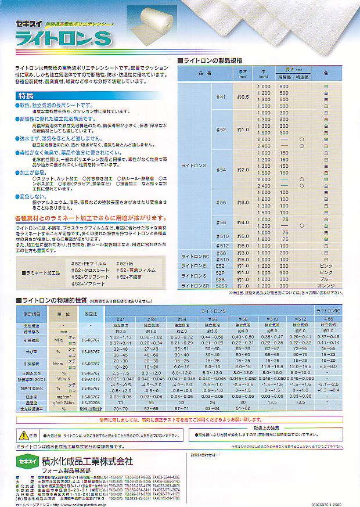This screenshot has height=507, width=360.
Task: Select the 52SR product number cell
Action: pos(221,286)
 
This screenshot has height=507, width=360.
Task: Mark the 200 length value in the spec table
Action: pos(285,253)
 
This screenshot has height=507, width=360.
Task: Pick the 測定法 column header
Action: pos(89,312)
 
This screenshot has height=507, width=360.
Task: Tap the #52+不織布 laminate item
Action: pos(131,277)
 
